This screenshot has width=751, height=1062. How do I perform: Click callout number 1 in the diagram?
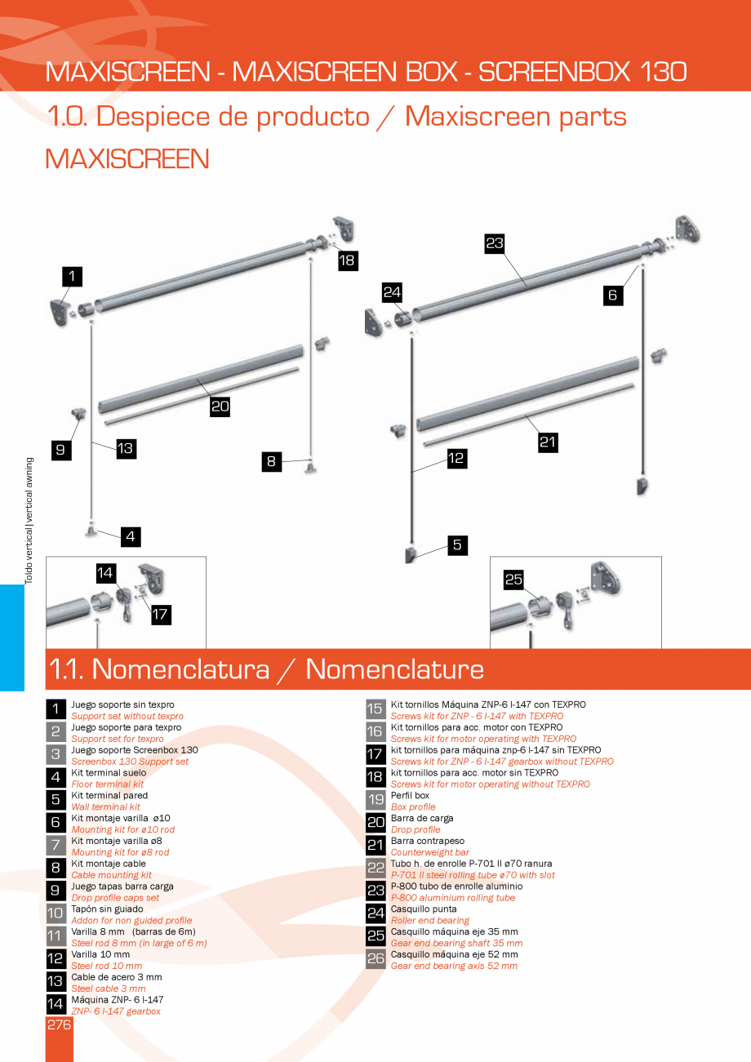pos(72,277)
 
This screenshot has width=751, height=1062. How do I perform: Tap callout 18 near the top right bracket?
pos(348,260)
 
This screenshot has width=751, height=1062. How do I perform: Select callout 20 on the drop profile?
pos(220,407)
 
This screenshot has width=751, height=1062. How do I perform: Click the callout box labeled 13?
pos(125,448)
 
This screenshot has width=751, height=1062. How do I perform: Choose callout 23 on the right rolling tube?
pos(495,242)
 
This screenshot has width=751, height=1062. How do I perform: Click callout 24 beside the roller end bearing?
pos(392,291)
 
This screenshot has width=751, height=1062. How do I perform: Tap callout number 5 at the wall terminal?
pos(457,544)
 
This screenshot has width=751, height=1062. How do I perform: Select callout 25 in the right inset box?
pos(513,580)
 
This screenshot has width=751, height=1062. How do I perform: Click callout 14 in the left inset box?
pos(105,572)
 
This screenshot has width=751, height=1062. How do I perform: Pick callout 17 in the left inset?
pos(161,615)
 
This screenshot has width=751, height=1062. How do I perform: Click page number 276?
pos(59,1025)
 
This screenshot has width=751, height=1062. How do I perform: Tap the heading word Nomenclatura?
pos(180,669)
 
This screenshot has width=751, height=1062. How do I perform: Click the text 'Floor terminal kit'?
pos(107,784)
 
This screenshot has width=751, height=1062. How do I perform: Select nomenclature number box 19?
pos(375,800)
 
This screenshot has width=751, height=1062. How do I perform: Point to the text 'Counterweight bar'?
pos(429,852)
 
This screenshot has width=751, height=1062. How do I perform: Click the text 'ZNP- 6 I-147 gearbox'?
pos(115,1011)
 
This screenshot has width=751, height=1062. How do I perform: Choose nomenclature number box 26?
pos(375,959)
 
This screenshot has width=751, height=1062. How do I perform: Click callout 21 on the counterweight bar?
pos(548,442)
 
